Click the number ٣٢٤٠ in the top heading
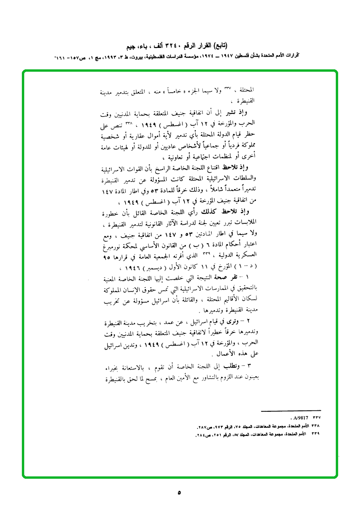(x=176, y=47)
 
